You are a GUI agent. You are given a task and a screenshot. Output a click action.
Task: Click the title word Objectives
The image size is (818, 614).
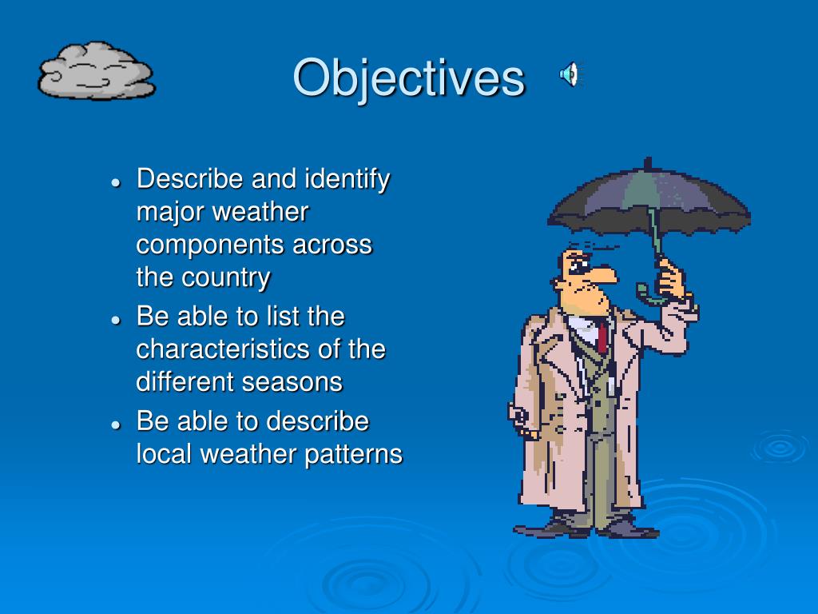click(408, 78)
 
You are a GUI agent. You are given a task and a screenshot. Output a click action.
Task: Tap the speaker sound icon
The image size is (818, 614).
click(569, 75)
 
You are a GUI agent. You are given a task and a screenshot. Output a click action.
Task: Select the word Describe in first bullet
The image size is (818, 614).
click(190, 178)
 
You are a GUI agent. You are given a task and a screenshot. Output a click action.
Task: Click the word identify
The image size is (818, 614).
click(347, 179)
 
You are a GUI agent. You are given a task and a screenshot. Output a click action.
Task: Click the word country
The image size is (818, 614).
click(226, 278)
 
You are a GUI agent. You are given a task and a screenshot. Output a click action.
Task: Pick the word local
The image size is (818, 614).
click(165, 454)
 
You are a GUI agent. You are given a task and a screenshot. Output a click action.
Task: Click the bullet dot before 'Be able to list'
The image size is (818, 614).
click(116, 319)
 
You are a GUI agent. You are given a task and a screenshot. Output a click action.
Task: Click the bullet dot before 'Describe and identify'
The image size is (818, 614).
click(116, 181)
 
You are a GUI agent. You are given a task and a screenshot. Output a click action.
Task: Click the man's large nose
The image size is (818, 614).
click(604, 275)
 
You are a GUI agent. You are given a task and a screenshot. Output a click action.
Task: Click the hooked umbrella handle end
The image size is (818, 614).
click(642, 292)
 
